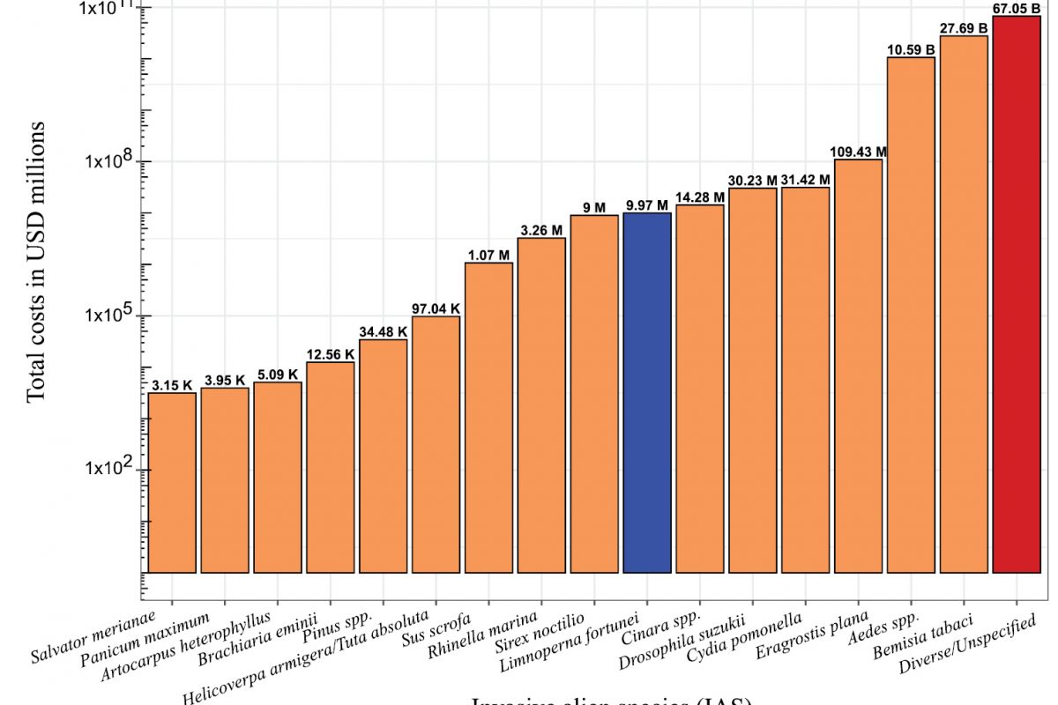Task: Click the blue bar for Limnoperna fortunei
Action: click(647, 392)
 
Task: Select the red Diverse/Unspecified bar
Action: click(1017, 294)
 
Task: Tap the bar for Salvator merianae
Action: click(172, 483)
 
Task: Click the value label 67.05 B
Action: click(1017, 9)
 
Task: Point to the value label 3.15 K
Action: click(172, 386)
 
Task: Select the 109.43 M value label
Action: click(858, 152)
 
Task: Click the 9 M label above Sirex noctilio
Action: click(594, 208)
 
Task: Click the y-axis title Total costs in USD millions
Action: click(35, 262)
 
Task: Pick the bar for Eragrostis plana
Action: click(858, 366)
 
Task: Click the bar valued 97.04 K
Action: click(436, 444)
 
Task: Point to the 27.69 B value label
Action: click(964, 28)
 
